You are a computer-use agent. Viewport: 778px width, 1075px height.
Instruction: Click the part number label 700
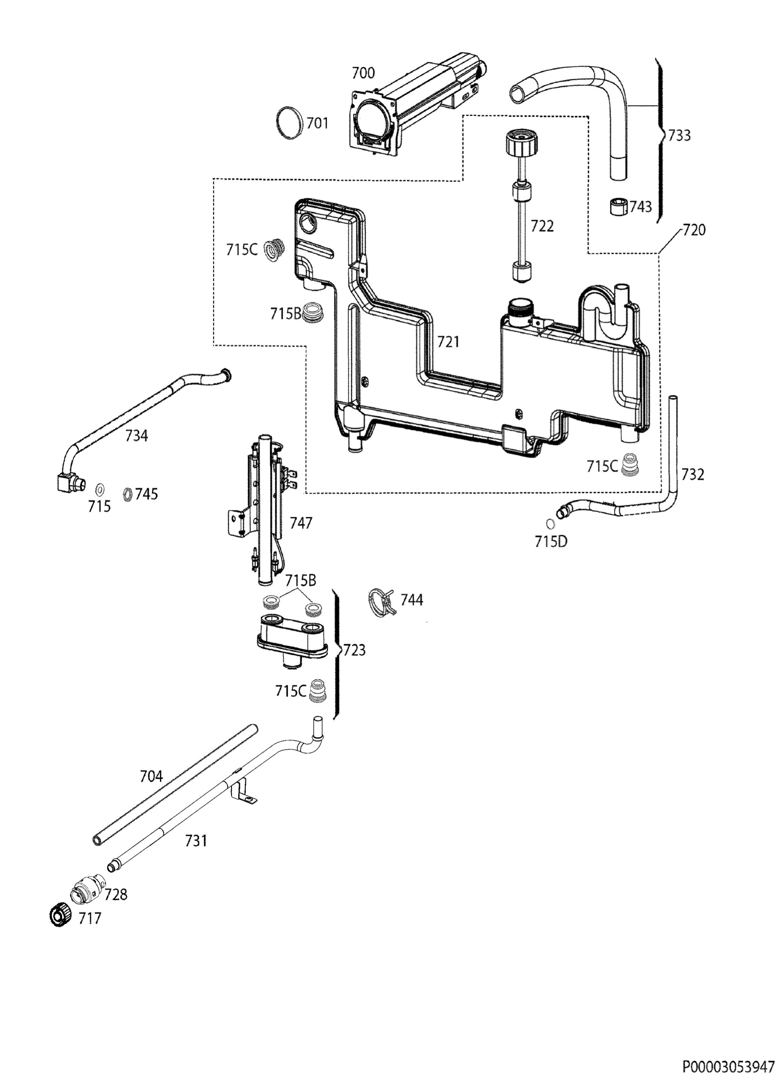(x=363, y=73)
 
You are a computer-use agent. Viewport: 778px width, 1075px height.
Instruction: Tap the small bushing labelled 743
(x=618, y=206)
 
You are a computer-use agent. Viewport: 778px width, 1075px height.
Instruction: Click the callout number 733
(x=679, y=136)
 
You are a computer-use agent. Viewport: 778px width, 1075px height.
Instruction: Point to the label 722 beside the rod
(x=542, y=226)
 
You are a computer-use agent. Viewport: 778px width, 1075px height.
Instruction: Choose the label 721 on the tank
(x=448, y=341)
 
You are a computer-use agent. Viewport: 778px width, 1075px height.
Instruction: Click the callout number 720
(x=694, y=230)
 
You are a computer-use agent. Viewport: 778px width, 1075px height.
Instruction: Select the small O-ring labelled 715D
(x=550, y=524)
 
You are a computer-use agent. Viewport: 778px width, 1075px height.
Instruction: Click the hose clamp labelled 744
(x=382, y=603)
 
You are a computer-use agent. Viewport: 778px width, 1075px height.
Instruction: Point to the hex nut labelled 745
(x=127, y=494)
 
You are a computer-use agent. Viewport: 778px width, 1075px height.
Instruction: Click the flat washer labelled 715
(x=100, y=489)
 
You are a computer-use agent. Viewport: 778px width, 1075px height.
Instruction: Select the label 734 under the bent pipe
(x=137, y=435)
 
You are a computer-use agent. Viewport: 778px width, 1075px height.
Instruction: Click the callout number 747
(x=301, y=523)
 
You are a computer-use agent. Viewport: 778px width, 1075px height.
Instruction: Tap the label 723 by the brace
(x=354, y=650)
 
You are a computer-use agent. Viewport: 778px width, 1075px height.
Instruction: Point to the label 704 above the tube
(x=151, y=776)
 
